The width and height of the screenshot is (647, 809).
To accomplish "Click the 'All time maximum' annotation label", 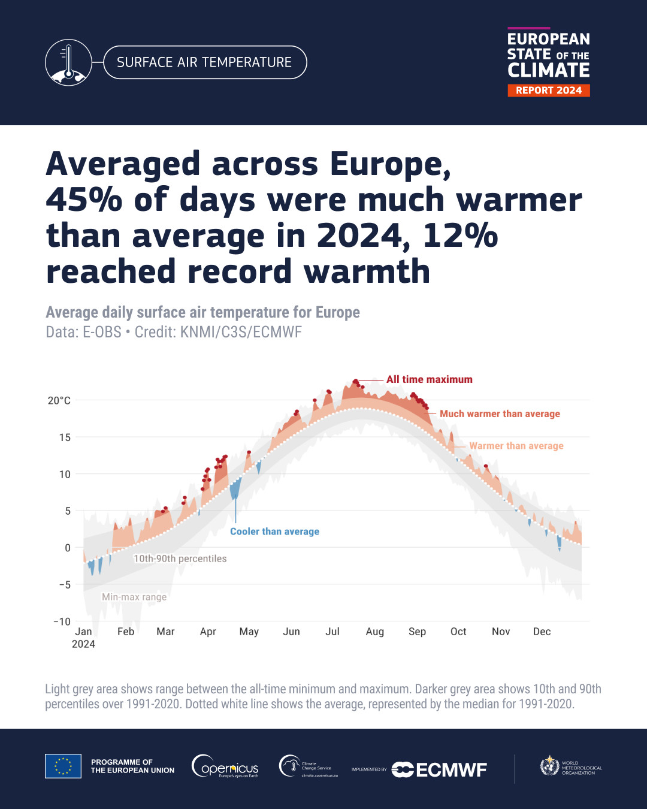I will coord(429,379).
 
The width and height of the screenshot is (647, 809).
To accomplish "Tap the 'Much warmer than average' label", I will coord(500,413).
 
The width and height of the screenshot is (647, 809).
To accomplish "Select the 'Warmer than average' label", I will coord(516,446).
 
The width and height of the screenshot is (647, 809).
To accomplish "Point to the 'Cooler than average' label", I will coord(274,532).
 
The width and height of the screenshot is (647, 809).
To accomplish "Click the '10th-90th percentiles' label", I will coord(180,559).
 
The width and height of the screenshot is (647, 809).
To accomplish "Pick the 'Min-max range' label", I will coord(134,597).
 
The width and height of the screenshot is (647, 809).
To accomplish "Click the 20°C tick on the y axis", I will coord(59,400).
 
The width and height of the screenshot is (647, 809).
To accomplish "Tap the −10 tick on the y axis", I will coord(62,621).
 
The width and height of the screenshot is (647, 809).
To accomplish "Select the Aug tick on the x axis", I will coord(375,632).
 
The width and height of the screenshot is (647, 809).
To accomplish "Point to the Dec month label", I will coord(542,632).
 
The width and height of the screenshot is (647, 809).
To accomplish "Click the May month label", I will coord(249,632).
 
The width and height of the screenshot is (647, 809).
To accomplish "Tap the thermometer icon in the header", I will coord(68,62).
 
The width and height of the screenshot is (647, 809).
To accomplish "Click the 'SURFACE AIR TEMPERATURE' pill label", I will coord(204,62).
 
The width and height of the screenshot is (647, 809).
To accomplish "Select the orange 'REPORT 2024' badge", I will coord(549,90).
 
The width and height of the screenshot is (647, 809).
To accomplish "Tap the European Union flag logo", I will coord(63,766).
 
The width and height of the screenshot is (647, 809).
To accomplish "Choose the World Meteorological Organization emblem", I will coord(549,766).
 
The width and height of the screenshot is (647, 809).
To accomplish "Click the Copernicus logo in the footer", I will coord(225,766).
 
